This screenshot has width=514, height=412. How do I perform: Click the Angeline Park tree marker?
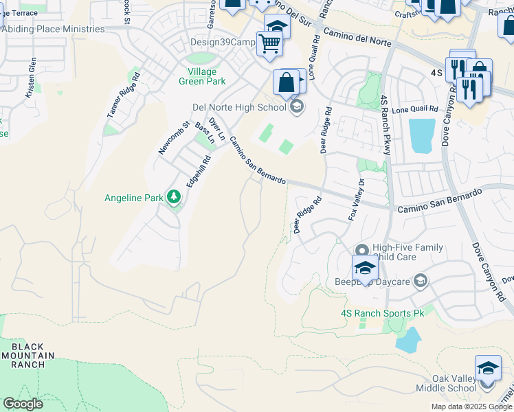(175, 198)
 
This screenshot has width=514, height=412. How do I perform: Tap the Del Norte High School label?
(238, 107)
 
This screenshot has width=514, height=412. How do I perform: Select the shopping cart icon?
(269, 43)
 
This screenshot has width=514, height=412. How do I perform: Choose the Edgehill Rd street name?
(197, 168)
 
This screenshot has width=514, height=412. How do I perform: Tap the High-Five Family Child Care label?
(403, 252)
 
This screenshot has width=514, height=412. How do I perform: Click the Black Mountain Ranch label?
(27, 355)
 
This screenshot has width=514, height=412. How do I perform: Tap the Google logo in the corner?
(23, 404)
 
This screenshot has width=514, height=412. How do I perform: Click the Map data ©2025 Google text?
(471, 407)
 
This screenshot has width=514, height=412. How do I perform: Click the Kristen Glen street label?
(31, 77)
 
